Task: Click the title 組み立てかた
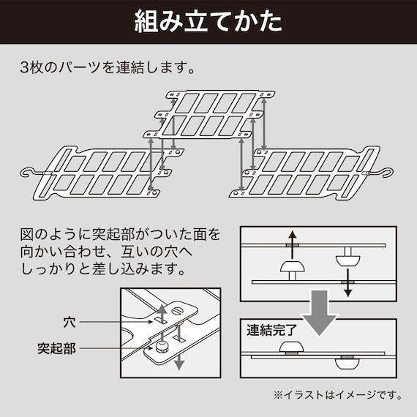point(209,22)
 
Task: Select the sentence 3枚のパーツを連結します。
point(108,70)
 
